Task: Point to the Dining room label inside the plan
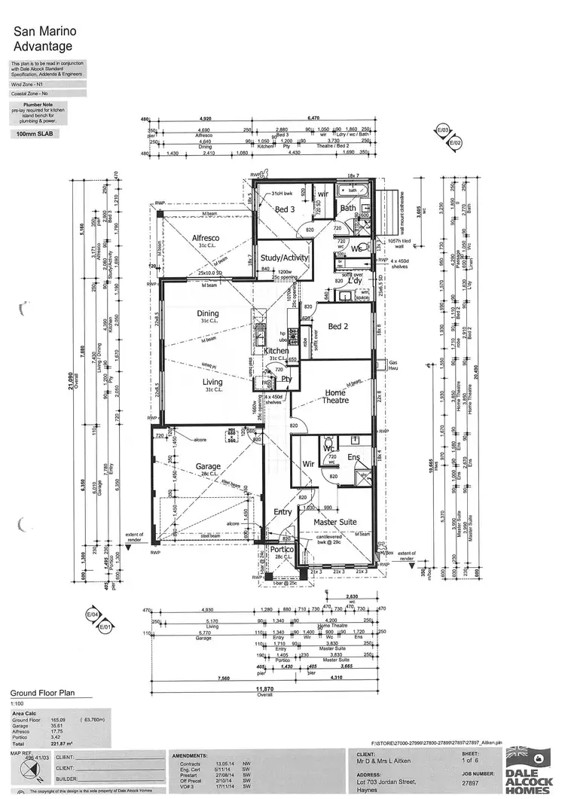tap(208, 313)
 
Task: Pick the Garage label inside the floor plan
tap(208, 466)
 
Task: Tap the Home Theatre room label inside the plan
tap(335, 396)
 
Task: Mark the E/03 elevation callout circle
tap(442, 130)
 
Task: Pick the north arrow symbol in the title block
tap(28, 769)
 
